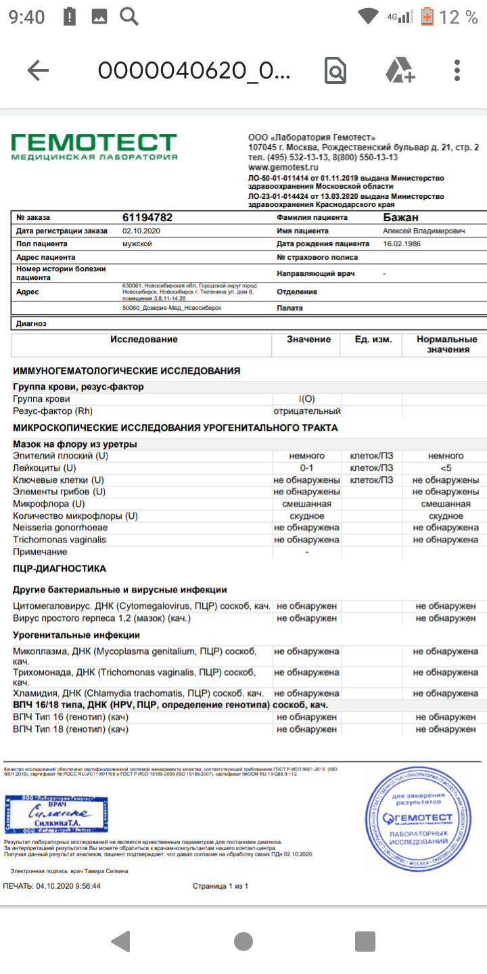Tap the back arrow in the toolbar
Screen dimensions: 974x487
(x=38, y=70)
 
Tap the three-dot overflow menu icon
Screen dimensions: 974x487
(x=458, y=70)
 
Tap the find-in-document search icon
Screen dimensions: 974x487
(x=335, y=70)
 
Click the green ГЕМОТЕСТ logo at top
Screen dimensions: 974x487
(x=94, y=146)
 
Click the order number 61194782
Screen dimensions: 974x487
(x=147, y=218)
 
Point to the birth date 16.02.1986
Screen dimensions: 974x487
(x=402, y=243)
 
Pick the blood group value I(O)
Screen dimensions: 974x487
(x=307, y=399)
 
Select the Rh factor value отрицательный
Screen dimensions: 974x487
(x=307, y=411)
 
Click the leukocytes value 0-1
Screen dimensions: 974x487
(x=307, y=468)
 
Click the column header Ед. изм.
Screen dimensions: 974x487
(x=373, y=340)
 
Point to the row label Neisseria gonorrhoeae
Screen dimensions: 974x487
(x=60, y=528)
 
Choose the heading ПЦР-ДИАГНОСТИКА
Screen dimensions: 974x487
(x=60, y=569)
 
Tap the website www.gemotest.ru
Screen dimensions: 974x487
(x=283, y=166)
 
